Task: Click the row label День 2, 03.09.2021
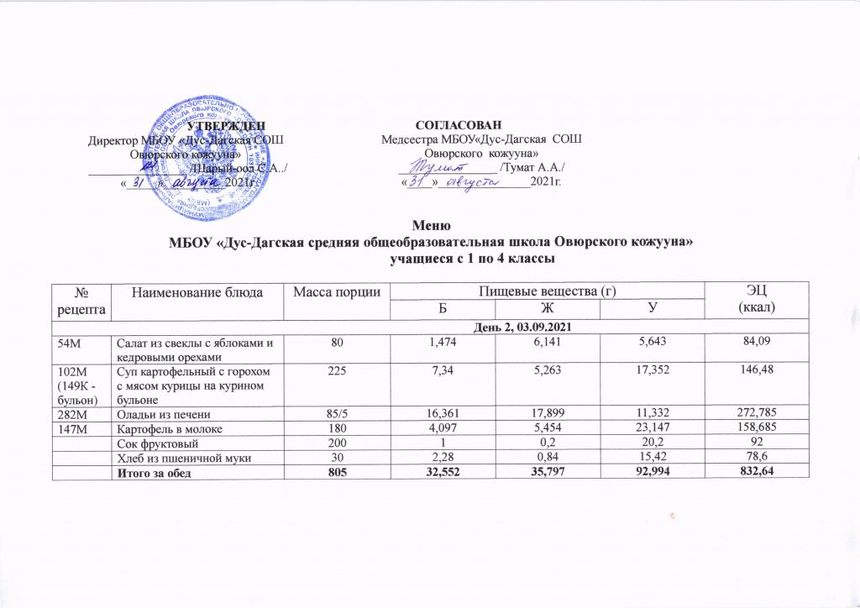430,325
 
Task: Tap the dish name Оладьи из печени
160,413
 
